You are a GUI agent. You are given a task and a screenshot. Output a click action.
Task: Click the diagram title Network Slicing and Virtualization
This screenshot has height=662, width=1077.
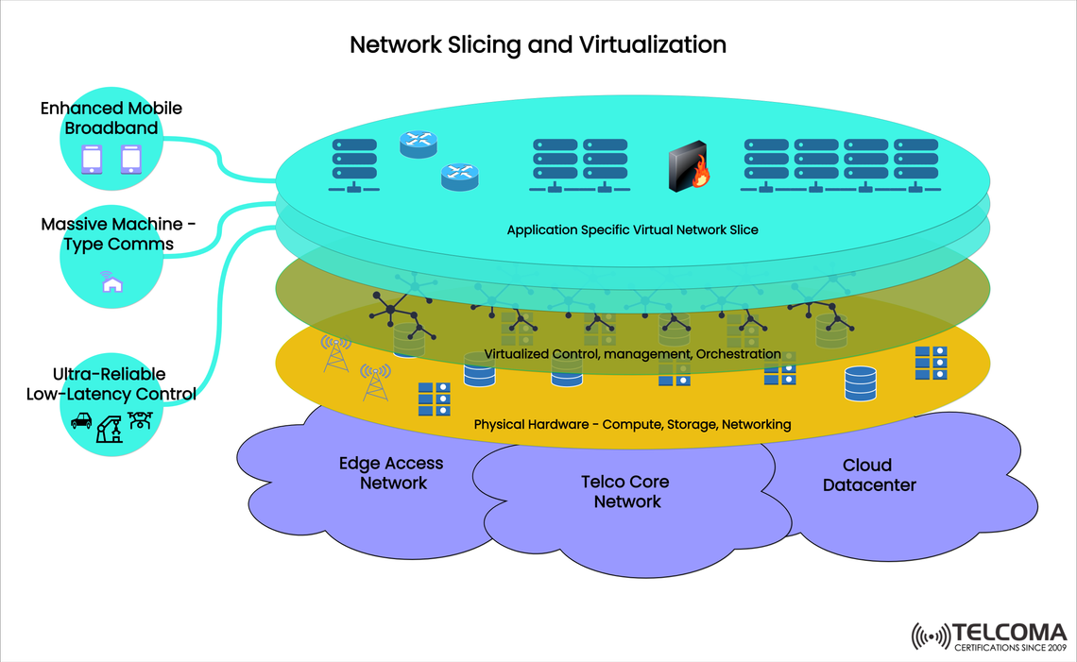[x=538, y=44]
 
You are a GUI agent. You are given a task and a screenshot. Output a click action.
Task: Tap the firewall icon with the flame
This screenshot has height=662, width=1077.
[x=688, y=168]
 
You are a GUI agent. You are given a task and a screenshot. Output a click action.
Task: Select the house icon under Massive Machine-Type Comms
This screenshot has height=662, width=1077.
[x=111, y=281]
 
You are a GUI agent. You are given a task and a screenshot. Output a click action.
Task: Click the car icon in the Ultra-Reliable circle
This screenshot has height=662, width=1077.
[x=82, y=420]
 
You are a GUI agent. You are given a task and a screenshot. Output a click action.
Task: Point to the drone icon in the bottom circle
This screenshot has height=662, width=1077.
[x=140, y=419]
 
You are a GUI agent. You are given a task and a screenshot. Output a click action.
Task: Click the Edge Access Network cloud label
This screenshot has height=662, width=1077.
[x=391, y=473]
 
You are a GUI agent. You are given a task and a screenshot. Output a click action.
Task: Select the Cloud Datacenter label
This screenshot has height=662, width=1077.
[x=868, y=475]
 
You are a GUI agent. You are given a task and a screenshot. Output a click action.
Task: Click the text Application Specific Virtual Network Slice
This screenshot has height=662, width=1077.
[x=632, y=229]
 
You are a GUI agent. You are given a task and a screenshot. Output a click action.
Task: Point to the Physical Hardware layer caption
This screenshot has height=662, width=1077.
[x=632, y=425]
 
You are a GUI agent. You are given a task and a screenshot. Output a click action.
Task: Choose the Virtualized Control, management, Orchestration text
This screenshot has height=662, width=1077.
[x=632, y=353]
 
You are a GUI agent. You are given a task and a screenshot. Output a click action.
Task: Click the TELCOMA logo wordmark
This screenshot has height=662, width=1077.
[x=1009, y=632]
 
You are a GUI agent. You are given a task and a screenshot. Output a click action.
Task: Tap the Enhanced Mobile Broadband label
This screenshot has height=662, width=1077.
[x=111, y=118]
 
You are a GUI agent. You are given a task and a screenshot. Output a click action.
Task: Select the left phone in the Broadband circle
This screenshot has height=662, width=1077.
[x=92, y=159]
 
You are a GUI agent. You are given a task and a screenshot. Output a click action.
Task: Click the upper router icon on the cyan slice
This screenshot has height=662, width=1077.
[x=419, y=144]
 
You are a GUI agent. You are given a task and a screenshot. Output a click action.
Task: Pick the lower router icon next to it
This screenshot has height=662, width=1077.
[x=460, y=176]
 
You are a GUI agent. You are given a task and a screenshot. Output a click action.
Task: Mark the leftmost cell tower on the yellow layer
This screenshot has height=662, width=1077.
[x=335, y=353]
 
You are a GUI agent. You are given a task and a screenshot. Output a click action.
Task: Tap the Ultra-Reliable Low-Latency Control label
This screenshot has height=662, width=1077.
[x=111, y=384]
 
